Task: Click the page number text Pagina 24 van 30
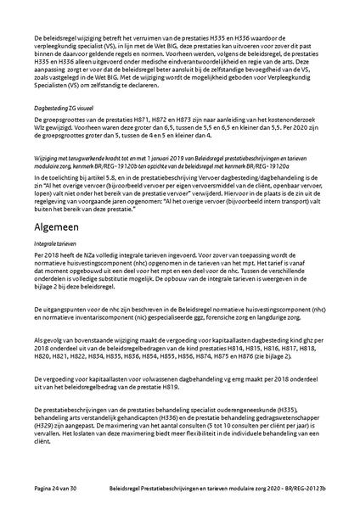[61, 490]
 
